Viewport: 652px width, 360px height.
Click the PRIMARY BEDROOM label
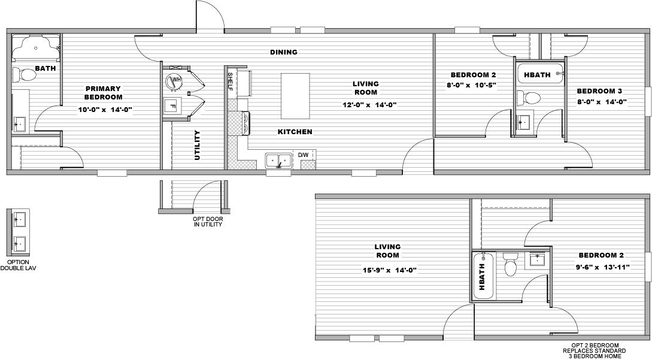point(103,92)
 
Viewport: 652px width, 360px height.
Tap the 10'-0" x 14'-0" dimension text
point(105,110)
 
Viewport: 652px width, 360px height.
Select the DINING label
point(283,52)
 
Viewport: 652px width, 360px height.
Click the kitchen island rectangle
point(296,96)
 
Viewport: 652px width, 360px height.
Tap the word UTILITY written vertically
point(197,145)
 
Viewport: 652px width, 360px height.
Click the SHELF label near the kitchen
point(231,79)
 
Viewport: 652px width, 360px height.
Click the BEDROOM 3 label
point(599,91)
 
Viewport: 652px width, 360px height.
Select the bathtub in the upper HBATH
point(540,75)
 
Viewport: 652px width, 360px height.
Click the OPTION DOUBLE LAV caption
point(22,265)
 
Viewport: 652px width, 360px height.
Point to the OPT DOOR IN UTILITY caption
point(208,222)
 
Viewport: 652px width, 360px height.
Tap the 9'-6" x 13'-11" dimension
point(604,268)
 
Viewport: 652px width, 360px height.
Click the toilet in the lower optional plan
point(511,264)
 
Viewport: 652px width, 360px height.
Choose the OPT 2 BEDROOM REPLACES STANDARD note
point(595,350)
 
